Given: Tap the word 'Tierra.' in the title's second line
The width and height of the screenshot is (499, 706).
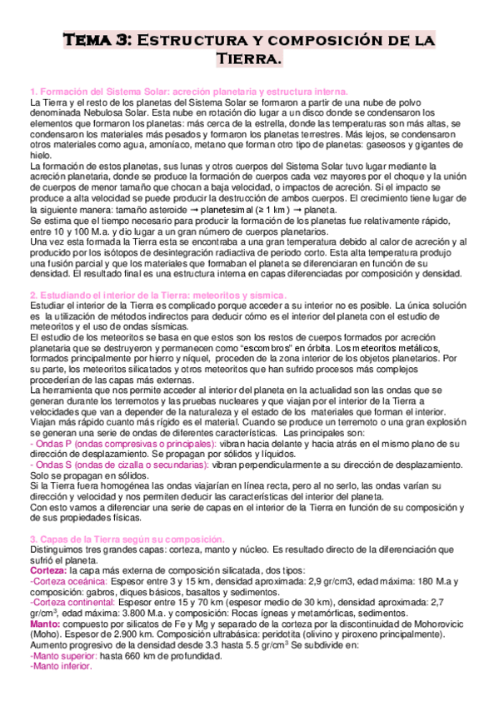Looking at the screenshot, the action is coord(249,59).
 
